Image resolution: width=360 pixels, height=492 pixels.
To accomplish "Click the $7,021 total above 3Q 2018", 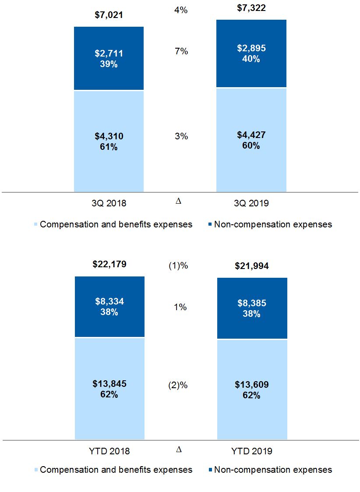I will (x=109, y=15).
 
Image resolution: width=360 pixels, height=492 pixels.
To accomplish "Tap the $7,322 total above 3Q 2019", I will (x=251, y=8).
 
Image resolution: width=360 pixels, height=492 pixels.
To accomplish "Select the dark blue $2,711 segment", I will (x=109, y=59).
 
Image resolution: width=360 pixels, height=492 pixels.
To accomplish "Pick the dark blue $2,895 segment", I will (x=251, y=53).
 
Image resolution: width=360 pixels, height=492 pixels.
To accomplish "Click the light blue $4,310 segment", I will (x=109, y=142).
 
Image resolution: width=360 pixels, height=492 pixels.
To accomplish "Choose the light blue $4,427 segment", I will (x=251, y=140).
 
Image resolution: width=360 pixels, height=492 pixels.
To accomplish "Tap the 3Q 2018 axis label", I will (x=109, y=203).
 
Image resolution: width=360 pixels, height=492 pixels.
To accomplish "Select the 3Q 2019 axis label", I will (x=251, y=203).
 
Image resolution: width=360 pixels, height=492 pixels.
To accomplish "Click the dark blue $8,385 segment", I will (x=251, y=308).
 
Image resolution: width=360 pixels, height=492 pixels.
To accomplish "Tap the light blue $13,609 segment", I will (x=251, y=390).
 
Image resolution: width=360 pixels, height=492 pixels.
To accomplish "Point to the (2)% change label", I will (x=178, y=386).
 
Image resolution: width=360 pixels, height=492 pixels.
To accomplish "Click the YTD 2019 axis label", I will (x=251, y=451).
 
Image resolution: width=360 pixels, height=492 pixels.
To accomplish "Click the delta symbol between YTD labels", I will (x=179, y=450).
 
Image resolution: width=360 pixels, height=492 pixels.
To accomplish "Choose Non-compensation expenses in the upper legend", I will (x=273, y=224).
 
